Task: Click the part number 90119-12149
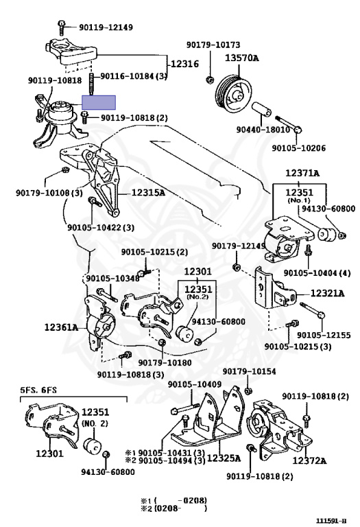point(106,27)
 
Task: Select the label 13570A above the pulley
point(242,58)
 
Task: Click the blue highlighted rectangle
point(99,102)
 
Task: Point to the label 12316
point(184,64)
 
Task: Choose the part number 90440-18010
point(263,130)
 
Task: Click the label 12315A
point(148,193)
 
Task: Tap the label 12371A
point(302,173)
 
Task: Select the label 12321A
point(327,294)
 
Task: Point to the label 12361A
point(61,327)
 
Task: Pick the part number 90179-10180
point(165,362)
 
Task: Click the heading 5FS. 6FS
point(38,390)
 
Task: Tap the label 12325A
point(224,458)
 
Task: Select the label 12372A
point(309,460)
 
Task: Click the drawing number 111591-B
point(331,521)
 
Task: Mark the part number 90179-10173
point(213,45)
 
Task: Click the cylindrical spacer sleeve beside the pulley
point(262,108)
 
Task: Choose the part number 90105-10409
point(195,384)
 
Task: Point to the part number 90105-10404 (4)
point(317,272)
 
